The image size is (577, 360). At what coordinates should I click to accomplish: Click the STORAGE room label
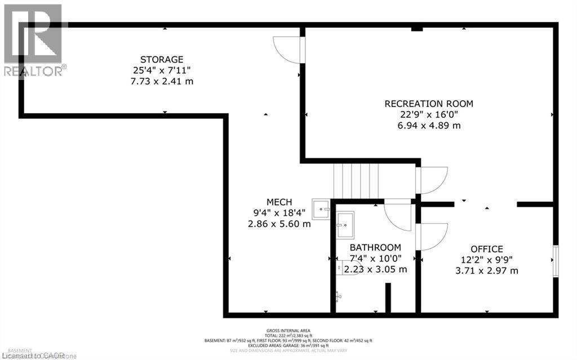tap(162, 59)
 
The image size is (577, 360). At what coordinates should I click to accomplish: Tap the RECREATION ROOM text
tap(429, 104)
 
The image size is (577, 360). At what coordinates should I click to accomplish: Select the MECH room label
tap(279, 202)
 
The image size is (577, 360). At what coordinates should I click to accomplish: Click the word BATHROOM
tap(375, 247)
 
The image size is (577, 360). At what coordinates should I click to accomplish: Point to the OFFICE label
tap(487, 249)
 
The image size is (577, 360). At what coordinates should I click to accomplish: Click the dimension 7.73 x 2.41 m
tap(162, 81)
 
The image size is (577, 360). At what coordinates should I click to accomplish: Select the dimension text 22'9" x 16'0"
tap(429, 114)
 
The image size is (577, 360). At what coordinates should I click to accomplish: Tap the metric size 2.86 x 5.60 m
tap(279, 224)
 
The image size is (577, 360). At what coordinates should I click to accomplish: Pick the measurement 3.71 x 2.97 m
tap(487, 270)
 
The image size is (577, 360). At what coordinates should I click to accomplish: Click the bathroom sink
tap(345, 225)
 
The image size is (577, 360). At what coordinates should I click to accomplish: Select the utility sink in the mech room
tap(321, 208)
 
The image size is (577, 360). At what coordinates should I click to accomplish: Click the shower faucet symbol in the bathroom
tap(338, 295)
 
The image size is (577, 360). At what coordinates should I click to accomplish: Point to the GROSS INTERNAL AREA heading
tap(288, 331)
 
